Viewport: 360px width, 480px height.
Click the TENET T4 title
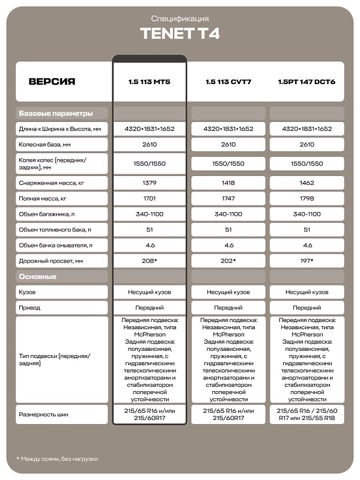[180, 34]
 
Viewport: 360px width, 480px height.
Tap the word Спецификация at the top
[180, 19]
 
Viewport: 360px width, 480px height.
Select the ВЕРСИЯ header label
[52, 81]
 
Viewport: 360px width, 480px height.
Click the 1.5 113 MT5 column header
[150, 81]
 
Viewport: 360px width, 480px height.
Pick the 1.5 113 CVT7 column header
[228, 81]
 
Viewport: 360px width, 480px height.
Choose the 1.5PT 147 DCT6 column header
[307, 81]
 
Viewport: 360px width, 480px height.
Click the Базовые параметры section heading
[56, 113]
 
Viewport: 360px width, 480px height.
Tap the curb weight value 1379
[150, 183]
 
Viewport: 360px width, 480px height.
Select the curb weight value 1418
[228, 183]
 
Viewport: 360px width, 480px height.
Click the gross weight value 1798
[307, 198]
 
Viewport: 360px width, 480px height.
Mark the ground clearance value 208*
[150, 261]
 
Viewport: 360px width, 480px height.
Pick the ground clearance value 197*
[307, 261]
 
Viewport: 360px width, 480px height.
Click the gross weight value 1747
[228, 198]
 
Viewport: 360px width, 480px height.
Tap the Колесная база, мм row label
[45, 144]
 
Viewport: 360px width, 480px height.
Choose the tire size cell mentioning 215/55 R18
[307, 414]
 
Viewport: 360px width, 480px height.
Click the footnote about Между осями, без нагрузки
[57, 458]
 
